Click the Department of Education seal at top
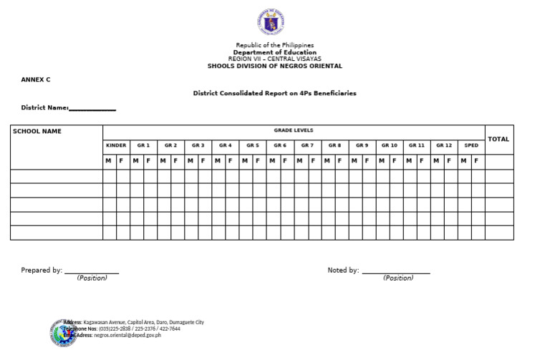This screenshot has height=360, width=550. point(274,23)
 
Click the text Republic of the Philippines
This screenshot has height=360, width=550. point(275,45)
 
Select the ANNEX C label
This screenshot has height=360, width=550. point(36,79)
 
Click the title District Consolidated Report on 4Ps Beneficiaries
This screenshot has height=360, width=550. point(275,93)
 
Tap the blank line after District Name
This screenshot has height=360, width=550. point(92,109)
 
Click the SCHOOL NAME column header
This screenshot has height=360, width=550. point(37,131)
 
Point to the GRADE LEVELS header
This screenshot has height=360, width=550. point(294,130)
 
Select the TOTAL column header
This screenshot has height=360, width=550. point(498,139)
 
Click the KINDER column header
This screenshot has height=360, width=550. point(116,145)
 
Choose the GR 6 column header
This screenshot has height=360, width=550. point(280,145)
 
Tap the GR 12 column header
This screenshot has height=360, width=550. point(443,145)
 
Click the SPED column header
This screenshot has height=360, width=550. point(471,145)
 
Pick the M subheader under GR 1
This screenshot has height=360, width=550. point(136,161)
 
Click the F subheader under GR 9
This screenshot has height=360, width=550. point(367,161)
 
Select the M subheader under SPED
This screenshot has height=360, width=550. point(464,161)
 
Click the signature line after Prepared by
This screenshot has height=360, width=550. point(92,272)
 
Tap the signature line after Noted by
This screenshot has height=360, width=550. point(396,272)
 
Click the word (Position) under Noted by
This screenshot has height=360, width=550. point(398,278)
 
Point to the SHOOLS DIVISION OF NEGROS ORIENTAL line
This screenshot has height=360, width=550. point(275,66)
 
